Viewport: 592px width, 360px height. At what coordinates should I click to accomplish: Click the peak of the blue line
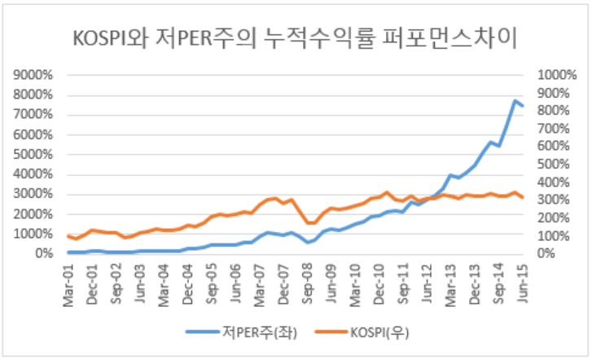pos(515,101)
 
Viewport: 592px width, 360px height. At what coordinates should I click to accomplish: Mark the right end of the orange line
pos(522,198)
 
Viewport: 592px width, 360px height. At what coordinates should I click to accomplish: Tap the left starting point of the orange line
pos(69,235)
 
